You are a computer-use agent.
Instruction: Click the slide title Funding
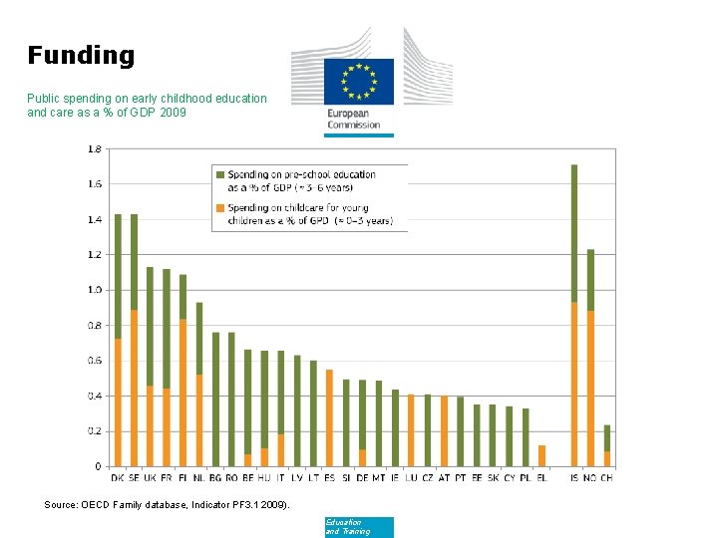click(x=81, y=55)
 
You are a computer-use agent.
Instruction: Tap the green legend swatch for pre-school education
click(x=220, y=175)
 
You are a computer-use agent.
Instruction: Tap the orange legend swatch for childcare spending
click(x=220, y=208)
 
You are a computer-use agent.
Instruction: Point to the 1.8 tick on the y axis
click(x=94, y=148)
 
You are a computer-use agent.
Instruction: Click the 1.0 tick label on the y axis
click(x=94, y=290)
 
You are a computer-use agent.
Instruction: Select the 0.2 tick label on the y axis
click(x=94, y=431)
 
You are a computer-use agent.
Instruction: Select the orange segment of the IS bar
click(x=574, y=385)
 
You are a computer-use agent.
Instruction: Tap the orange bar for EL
click(x=541, y=455)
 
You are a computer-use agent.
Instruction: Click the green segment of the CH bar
click(x=607, y=438)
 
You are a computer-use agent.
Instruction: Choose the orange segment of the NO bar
click(x=590, y=389)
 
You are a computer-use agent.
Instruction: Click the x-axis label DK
click(x=118, y=478)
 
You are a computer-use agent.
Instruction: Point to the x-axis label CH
click(x=607, y=478)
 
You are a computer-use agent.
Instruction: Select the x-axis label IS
click(x=574, y=478)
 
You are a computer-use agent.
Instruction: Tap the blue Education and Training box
click(x=359, y=527)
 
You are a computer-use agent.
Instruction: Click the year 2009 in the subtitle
click(x=172, y=113)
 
